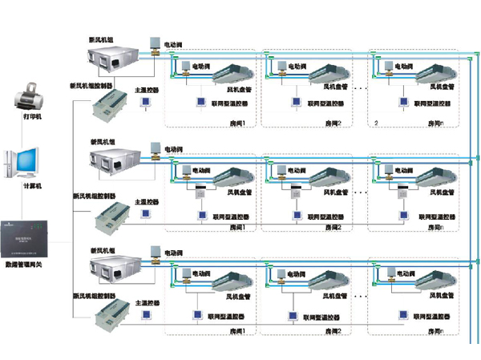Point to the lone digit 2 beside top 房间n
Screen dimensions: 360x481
click(376, 123)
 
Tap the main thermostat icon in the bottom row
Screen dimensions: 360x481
click(147, 318)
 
